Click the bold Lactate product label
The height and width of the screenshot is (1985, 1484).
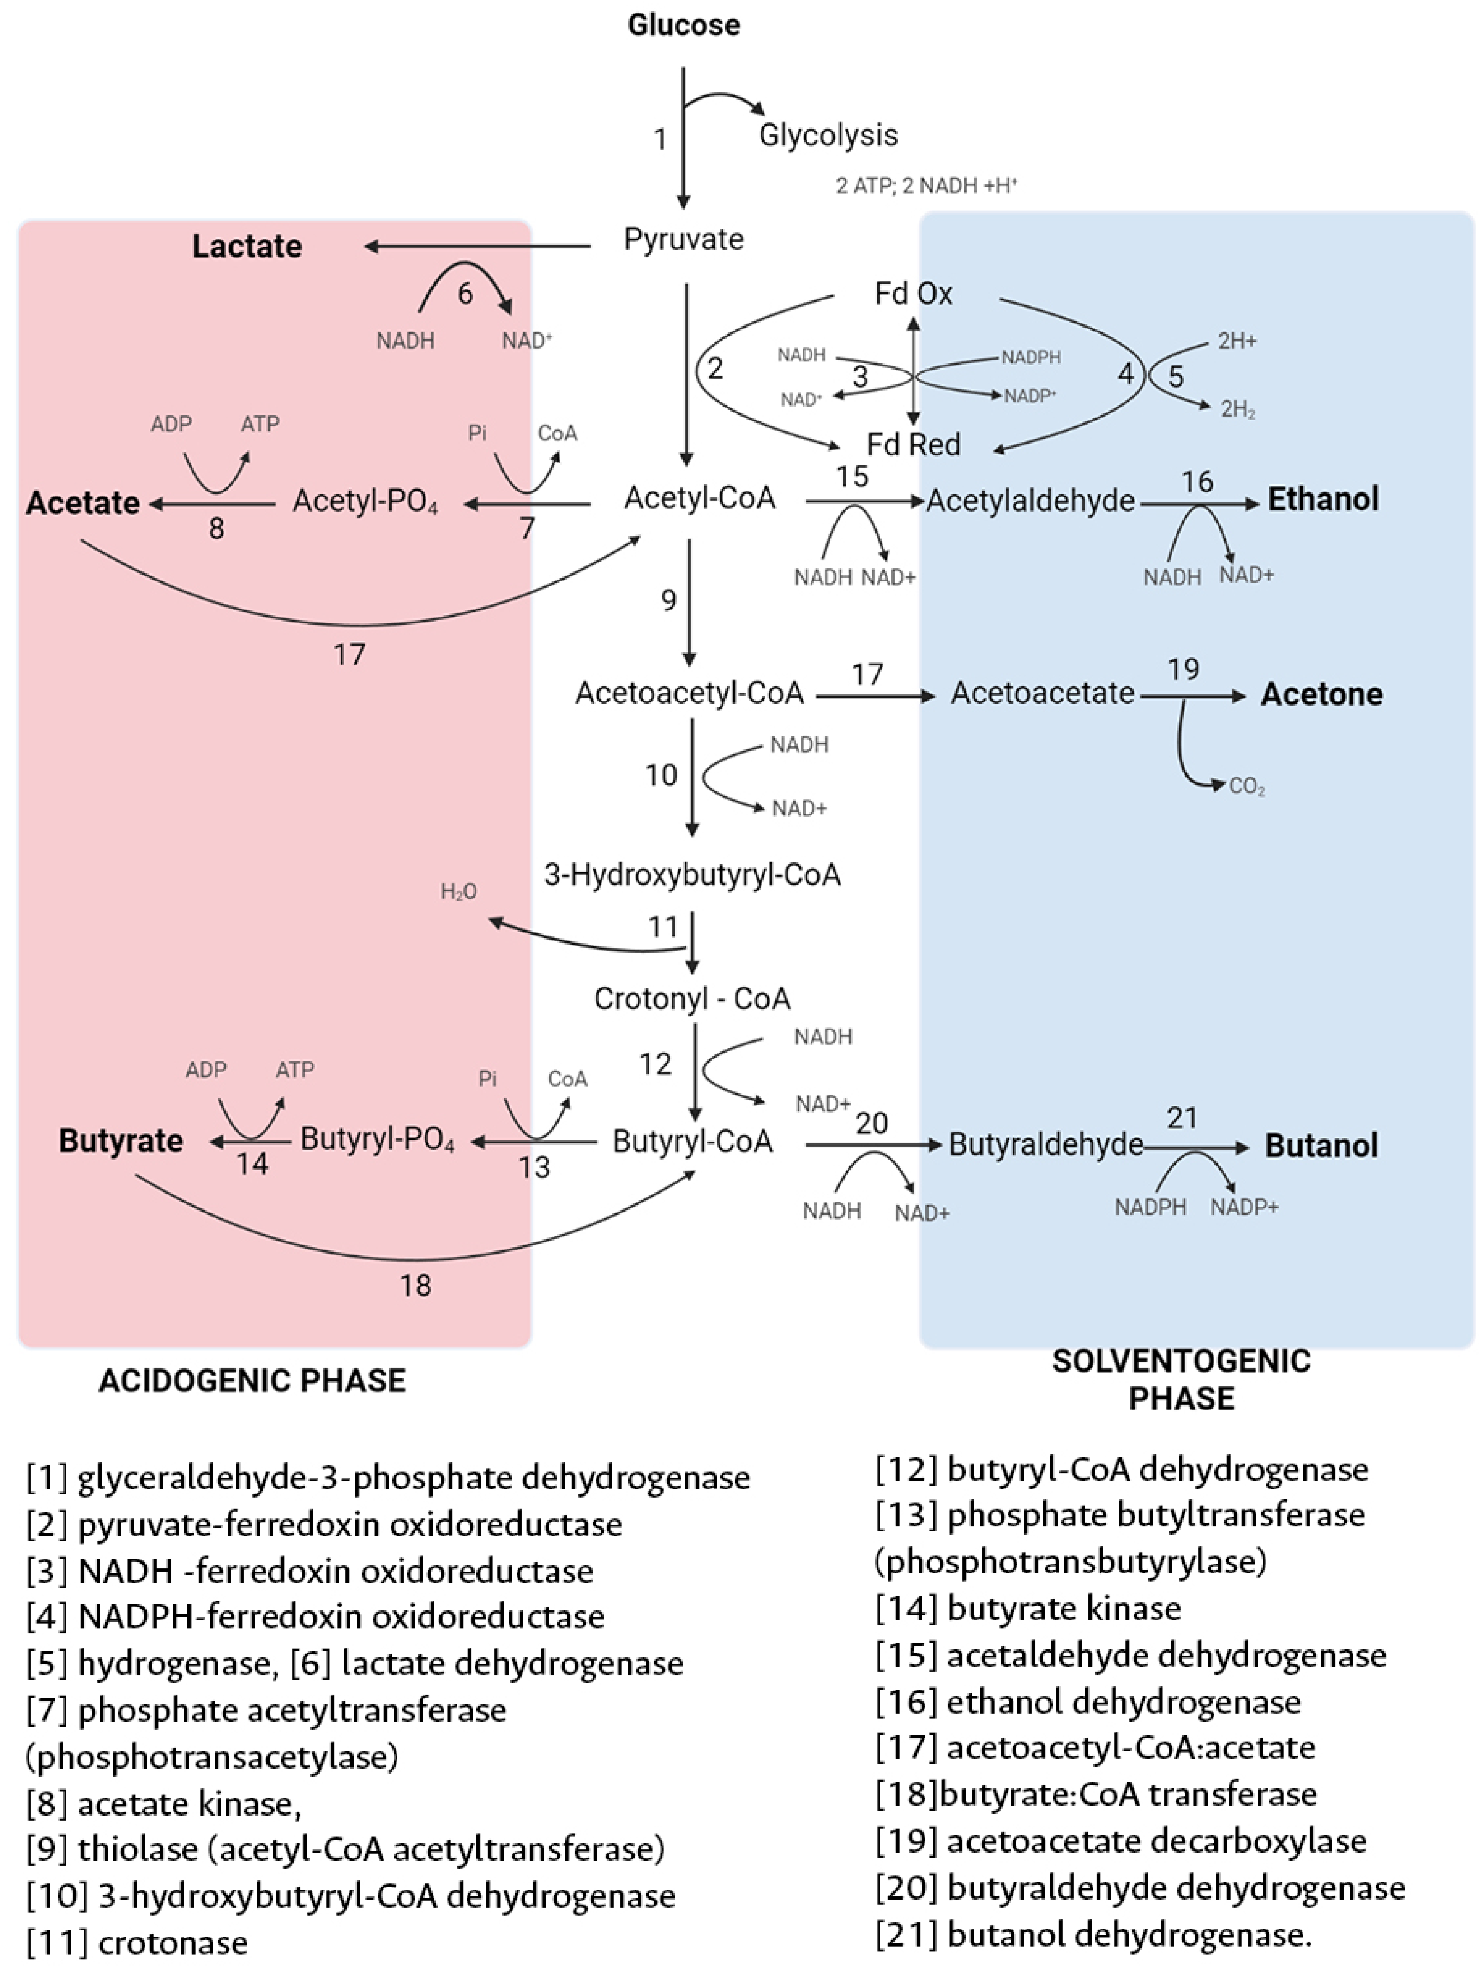tap(247, 246)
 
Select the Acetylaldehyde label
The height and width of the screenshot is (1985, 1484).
tap(1030, 501)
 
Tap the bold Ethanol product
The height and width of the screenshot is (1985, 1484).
tap(1322, 499)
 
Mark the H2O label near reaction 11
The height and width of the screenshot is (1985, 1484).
tap(458, 891)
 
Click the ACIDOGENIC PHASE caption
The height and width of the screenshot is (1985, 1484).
tap(252, 1380)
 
